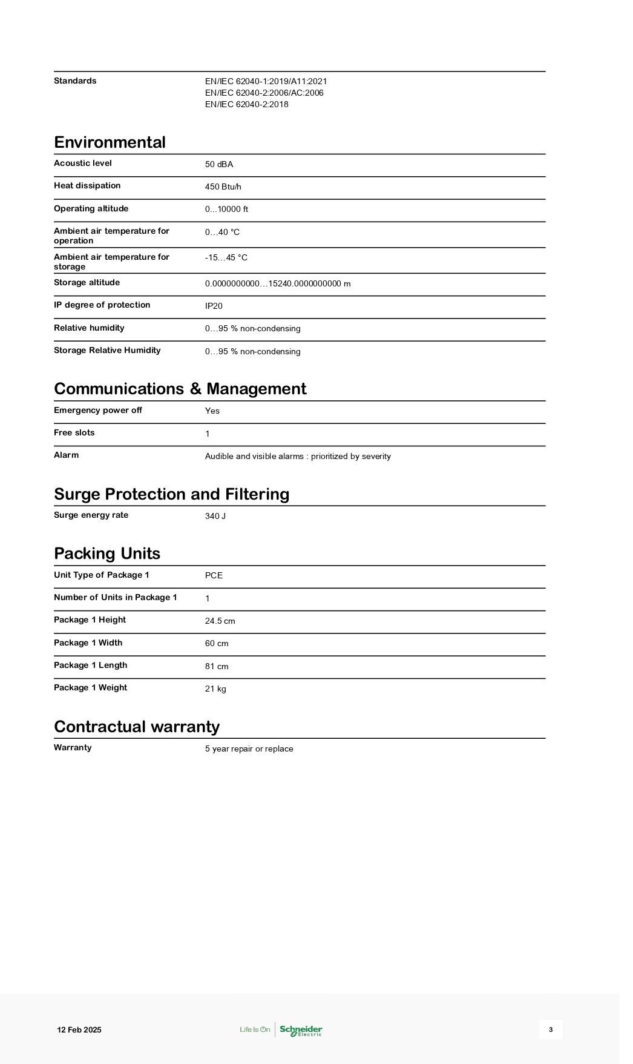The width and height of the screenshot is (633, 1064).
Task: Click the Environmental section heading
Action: pos(110,142)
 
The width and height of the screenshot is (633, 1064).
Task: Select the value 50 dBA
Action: pos(218,164)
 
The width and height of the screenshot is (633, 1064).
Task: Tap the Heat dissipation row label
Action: pos(87,186)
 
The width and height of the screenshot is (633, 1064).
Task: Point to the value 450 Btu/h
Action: pos(223,187)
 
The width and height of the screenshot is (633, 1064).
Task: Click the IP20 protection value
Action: pos(214,306)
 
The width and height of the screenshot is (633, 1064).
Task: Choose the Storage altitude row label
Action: pos(87,283)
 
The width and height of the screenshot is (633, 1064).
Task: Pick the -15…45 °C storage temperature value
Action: pos(226,257)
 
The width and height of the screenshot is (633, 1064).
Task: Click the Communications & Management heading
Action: pos(180,389)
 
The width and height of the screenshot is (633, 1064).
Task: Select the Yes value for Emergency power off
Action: pos(212,411)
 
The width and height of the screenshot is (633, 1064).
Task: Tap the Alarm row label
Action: pos(66,455)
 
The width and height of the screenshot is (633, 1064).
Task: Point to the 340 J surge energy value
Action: pos(215,516)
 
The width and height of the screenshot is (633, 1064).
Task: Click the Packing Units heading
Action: pos(107,553)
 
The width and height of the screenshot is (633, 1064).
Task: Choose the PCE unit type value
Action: pos(214,575)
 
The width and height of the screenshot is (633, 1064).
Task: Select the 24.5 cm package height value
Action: pos(220,621)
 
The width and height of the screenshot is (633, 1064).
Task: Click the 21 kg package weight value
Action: pos(215,689)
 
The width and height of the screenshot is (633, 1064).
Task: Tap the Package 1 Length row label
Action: pos(90,666)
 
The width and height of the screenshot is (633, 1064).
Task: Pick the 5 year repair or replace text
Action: pos(249,749)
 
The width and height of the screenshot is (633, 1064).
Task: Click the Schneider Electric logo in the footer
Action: pos(300,1030)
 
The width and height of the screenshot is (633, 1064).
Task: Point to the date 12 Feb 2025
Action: pos(79,1030)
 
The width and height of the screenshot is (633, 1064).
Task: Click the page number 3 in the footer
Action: pos(550,1029)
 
